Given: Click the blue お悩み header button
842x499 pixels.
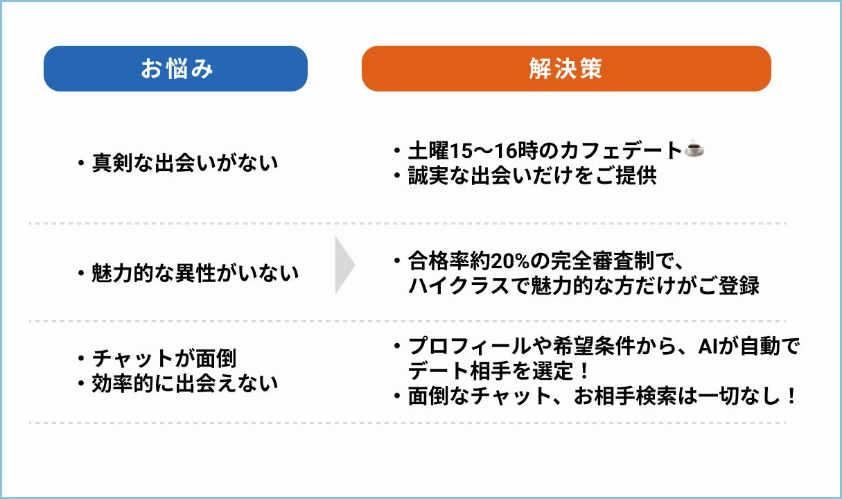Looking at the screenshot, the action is point(175,69).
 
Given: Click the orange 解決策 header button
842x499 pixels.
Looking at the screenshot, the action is point(565,69).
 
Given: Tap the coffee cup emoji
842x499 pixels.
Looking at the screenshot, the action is point(694,149).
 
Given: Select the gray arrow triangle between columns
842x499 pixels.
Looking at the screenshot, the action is point(344,265).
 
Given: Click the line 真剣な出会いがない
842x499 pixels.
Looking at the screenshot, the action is point(184,164).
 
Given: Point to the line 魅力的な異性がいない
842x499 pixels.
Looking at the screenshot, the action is point(195,273).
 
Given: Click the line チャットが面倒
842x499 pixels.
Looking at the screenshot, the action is point(164,359).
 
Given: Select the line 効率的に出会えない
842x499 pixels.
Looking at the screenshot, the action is point(184,383).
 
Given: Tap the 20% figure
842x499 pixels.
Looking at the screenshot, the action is point(509,261).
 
